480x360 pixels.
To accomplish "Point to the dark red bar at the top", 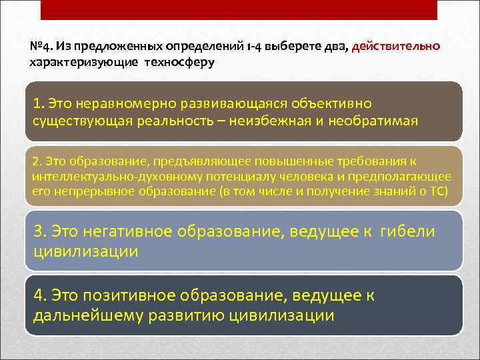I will coord(239,9).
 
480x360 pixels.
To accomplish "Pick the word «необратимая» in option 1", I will coord(377,121).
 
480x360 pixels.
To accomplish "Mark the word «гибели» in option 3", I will coord(409,231).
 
